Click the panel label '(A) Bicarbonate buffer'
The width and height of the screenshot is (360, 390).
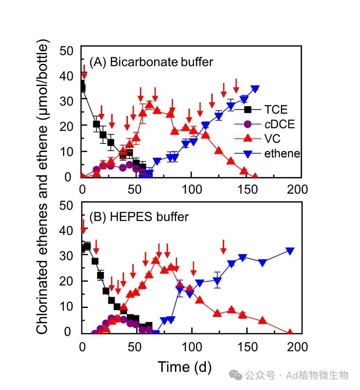click(x=151, y=62)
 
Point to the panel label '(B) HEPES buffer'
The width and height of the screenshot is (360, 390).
click(x=139, y=217)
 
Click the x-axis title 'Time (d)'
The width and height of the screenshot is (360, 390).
click(x=184, y=366)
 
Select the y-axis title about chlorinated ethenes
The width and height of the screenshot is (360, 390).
click(x=42, y=187)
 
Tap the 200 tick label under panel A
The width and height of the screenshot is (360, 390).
click(x=298, y=189)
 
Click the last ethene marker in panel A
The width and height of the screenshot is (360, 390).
click(x=255, y=89)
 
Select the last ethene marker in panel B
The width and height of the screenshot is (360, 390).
click(x=290, y=251)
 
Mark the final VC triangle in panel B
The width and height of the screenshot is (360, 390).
click(x=290, y=333)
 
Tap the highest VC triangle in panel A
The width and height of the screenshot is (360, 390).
click(x=149, y=104)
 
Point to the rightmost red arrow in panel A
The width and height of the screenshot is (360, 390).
click(x=236, y=86)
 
